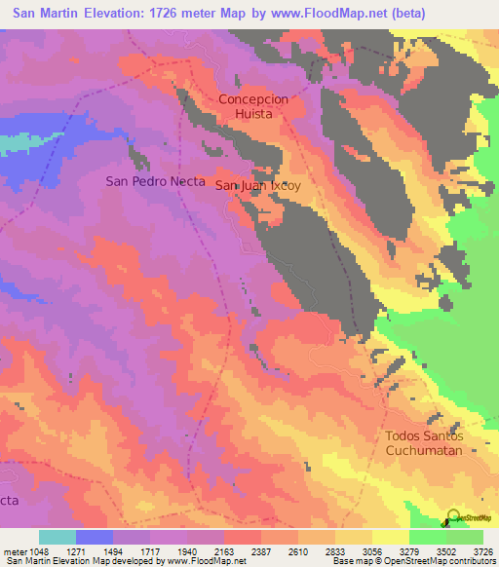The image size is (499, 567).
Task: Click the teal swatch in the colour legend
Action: pyautogui.click(x=57, y=537)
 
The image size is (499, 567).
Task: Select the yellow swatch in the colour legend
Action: pyautogui.click(x=390, y=537)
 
